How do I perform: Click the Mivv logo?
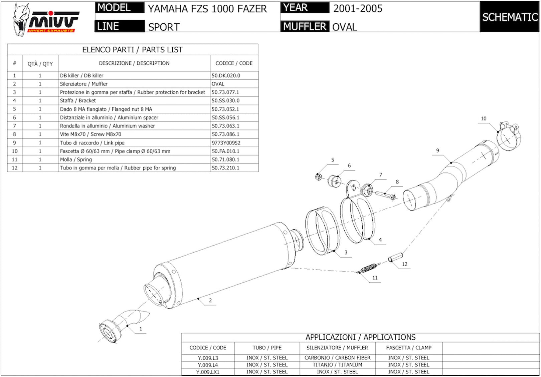[x=46, y=20]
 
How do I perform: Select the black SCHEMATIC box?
[x=510, y=17]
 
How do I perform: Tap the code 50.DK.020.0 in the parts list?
[x=226, y=75]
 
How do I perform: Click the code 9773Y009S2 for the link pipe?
[x=226, y=143]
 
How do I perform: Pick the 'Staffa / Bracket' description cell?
[x=78, y=101]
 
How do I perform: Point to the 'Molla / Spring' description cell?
[x=76, y=159]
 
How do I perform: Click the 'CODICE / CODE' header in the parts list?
[x=234, y=63]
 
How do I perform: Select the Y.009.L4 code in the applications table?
[x=208, y=365]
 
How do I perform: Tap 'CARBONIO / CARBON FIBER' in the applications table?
[x=337, y=358]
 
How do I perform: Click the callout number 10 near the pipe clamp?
[x=484, y=118]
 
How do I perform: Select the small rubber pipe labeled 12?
[x=395, y=257]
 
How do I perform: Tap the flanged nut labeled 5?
[x=319, y=177]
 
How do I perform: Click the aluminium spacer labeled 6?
[x=334, y=181]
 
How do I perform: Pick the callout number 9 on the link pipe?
[x=437, y=150]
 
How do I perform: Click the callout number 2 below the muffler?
[x=210, y=300]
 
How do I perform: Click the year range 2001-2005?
[x=358, y=9]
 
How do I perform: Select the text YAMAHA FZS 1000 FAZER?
[x=207, y=9]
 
